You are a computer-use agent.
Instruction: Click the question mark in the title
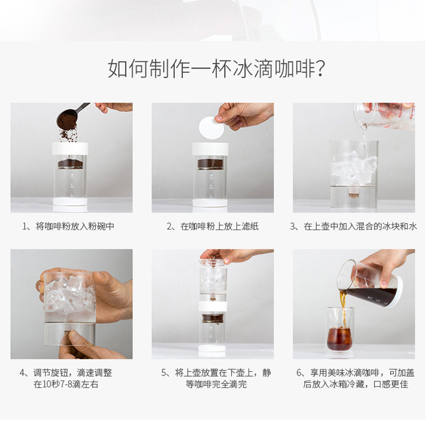coord(320,69)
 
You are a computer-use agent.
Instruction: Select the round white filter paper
coord(211,128)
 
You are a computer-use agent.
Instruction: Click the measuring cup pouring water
coord(385,116)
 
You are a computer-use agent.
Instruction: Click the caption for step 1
coord(69,226)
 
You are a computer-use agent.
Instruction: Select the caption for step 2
coord(212,226)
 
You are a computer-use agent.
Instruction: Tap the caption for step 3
coord(353,226)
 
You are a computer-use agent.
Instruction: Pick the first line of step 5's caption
coord(216,373)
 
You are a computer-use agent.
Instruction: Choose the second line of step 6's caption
coord(355,384)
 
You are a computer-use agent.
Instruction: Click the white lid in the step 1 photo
coord(70,148)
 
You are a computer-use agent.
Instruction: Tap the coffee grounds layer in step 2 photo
coord(210,164)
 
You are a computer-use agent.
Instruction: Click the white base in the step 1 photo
coord(70,202)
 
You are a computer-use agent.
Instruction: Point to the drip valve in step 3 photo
coord(352,193)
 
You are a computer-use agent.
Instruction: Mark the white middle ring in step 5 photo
coord(213,307)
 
